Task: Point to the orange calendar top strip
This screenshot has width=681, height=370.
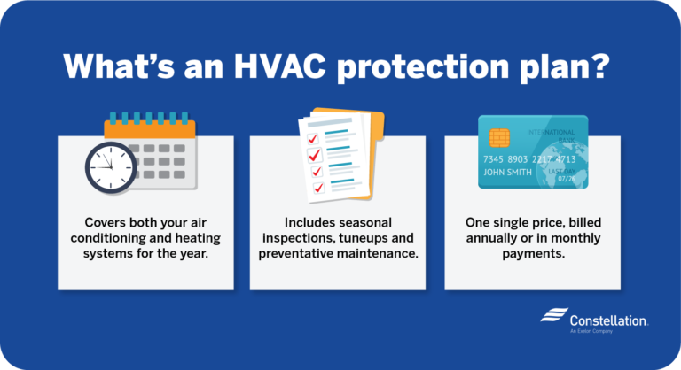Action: click(149, 129)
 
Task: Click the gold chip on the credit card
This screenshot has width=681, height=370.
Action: click(499, 138)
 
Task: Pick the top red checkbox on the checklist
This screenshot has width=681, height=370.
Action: click(312, 138)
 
